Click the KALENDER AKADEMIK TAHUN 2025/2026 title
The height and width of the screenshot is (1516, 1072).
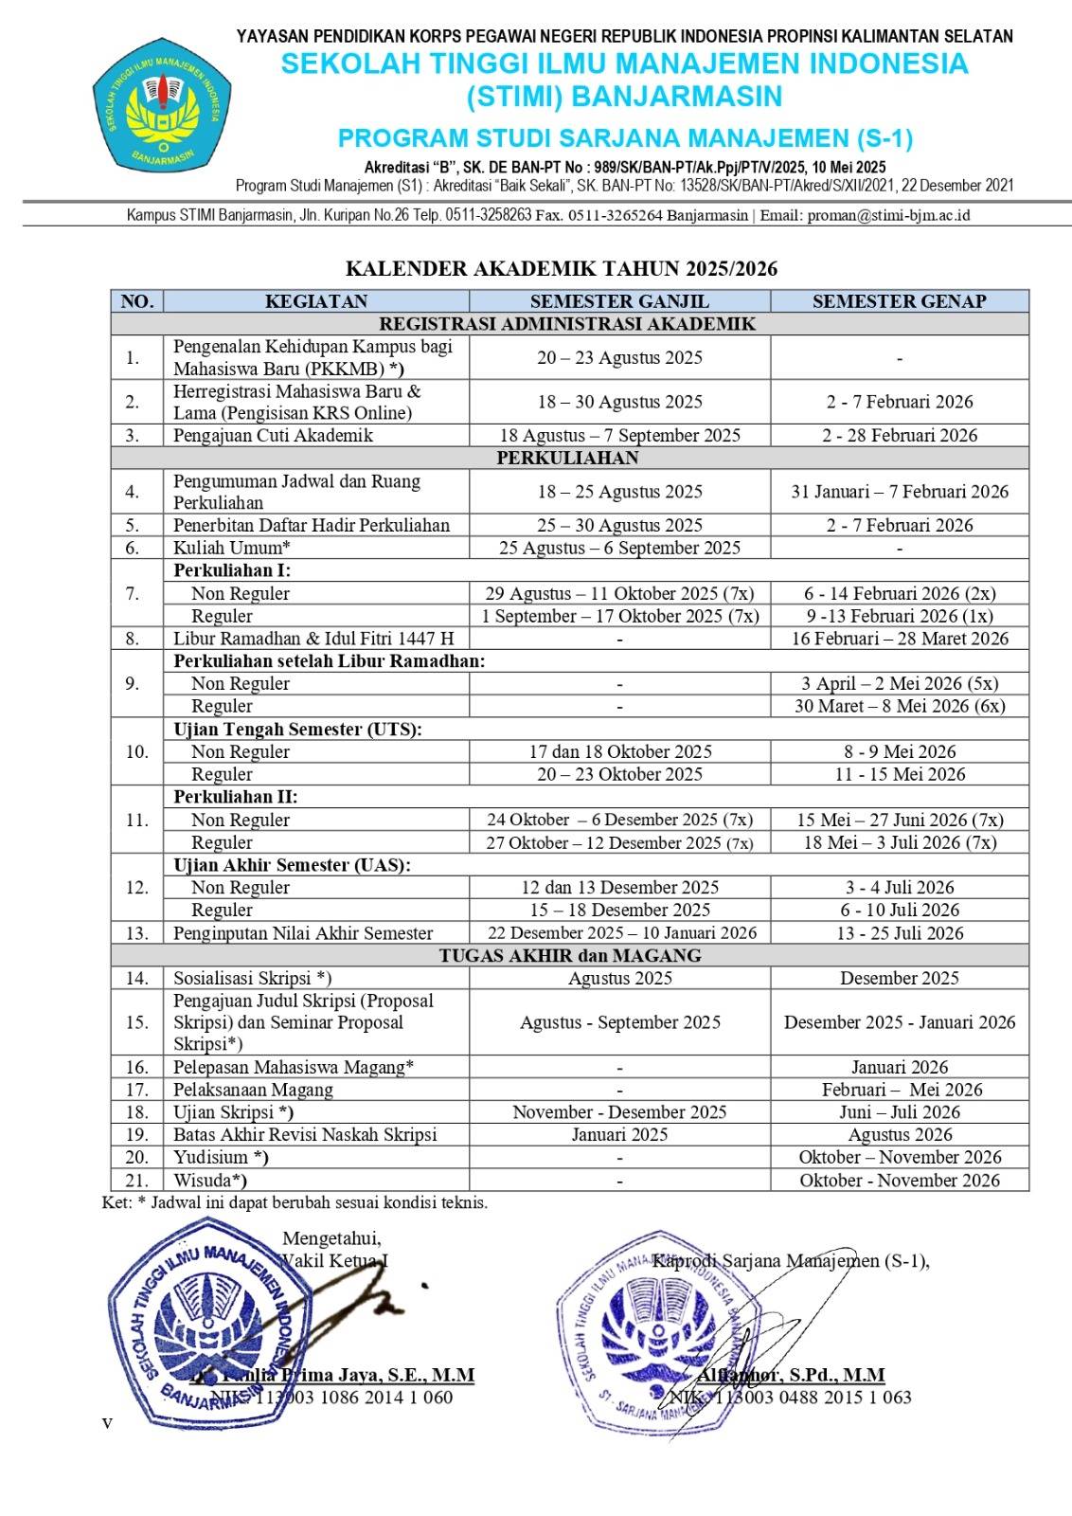pyautogui.click(x=561, y=269)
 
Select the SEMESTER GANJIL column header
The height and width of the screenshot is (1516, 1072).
pyautogui.click(x=619, y=301)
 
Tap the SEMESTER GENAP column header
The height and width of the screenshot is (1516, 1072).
pyautogui.click(x=899, y=301)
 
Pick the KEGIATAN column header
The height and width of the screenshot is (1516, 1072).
pyautogui.click(x=315, y=301)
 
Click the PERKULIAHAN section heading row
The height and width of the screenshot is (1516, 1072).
pyautogui.click(x=568, y=458)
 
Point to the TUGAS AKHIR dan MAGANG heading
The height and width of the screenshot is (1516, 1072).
pyautogui.click(x=569, y=955)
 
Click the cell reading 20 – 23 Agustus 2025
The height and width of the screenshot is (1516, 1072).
pyautogui.click(x=619, y=357)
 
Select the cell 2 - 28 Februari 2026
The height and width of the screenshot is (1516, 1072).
pyautogui.click(x=899, y=435)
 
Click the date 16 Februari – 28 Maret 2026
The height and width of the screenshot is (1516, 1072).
pyautogui.click(x=899, y=639)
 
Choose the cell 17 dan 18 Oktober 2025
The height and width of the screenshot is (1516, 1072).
pyautogui.click(x=619, y=751)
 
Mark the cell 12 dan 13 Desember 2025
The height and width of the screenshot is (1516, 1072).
pyautogui.click(x=619, y=888)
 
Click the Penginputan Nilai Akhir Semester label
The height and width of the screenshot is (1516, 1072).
pyautogui.click(x=303, y=933)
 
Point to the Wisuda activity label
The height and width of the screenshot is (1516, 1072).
pyautogui.click(x=210, y=1181)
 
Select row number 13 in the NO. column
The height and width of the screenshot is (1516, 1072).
pyautogui.click(x=137, y=933)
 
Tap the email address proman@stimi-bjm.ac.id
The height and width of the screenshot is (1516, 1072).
pyautogui.click(x=888, y=215)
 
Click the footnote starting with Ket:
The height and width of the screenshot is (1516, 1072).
pyautogui.click(x=295, y=1203)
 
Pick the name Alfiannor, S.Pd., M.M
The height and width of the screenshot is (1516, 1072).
pyautogui.click(x=791, y=1375)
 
